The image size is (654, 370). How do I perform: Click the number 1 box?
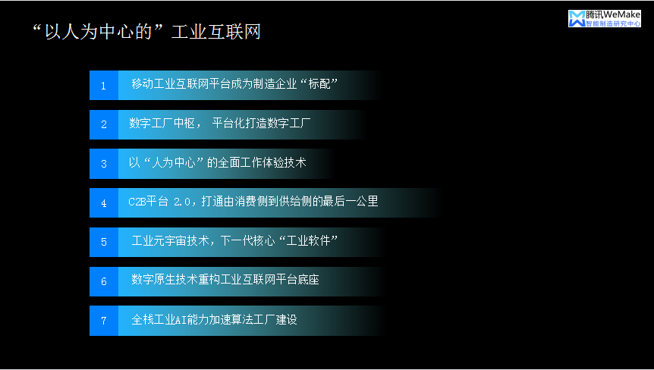(104, 85)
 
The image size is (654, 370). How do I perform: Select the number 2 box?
(104, 124)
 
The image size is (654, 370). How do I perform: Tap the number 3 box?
(104, 163)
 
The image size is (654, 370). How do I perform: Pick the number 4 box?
(104, 202)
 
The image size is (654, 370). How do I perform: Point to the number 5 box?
(104, 242)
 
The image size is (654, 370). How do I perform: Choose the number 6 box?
(104, 281)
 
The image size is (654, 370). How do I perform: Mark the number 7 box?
(104, 320)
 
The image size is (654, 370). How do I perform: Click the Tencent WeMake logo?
(604, 19)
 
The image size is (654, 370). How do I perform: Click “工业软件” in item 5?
(310, 241)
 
